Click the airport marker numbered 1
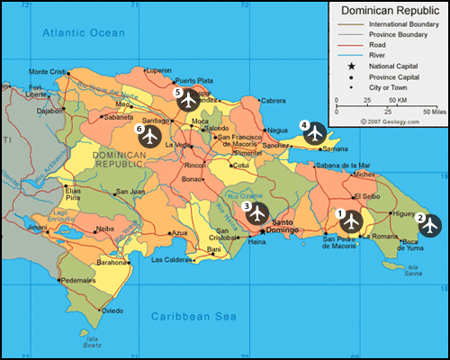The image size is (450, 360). tap(350, 220)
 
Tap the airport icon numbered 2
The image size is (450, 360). tap(429, 225)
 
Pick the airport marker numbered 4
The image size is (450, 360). tap(314, 132)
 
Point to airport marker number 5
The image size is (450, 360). tap(188, 99)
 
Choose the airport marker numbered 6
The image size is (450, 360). tap(149, 136)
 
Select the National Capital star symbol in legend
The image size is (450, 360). tap(348, 67)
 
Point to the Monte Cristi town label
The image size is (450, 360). tap(48, 72)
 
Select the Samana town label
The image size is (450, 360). tap(335, 148)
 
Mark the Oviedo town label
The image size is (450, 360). tap(112, 310)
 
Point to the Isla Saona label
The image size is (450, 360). tap(413, 270)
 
